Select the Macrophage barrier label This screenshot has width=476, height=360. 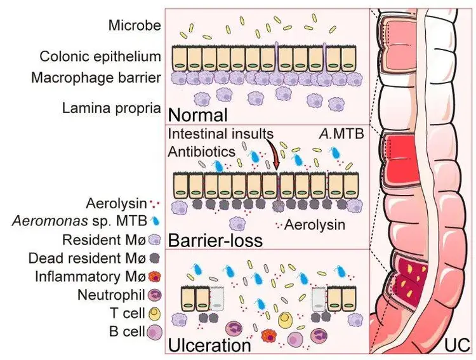tap(103, 77)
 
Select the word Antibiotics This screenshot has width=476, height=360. tap(198, 153)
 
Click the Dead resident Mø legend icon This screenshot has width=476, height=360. tap(154, 258)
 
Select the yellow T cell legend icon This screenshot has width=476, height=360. tap(154, 313)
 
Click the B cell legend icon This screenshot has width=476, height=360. tap(154, 331)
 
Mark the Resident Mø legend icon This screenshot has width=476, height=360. tap(154, 240)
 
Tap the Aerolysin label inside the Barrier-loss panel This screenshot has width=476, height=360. tap(312, 224)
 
